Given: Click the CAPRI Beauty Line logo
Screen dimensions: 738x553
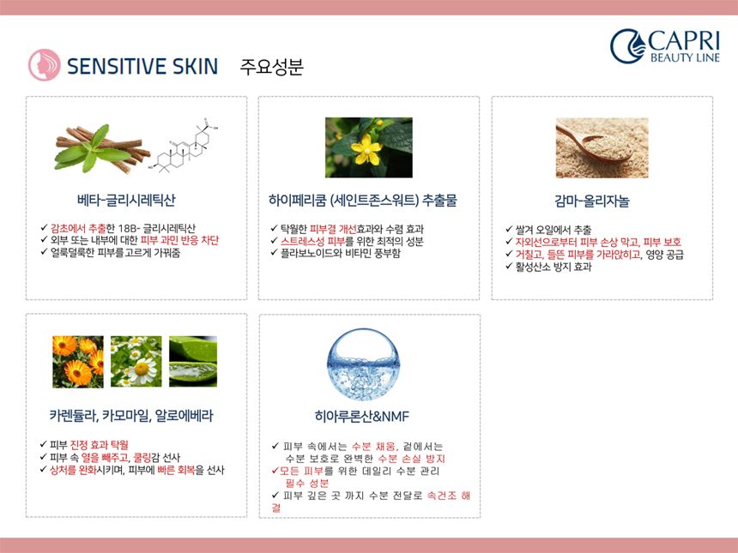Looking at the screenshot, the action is pos(665,46).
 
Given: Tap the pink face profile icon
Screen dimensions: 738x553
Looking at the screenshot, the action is pos(45,65).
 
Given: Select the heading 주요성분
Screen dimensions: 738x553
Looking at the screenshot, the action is pos(271,66).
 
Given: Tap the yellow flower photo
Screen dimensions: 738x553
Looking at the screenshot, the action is pos(369,147).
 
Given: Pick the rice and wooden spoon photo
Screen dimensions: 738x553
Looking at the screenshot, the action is pos(602,148).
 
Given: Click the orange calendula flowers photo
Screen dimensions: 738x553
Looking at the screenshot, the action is pos(78,362).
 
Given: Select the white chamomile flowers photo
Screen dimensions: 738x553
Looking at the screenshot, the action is pos(136,362).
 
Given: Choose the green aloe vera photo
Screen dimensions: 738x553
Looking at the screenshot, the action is pos(193,362).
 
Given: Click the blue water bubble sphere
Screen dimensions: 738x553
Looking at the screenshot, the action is pos(363,364).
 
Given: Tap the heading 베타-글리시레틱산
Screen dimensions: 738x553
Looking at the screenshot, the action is pos(126,201).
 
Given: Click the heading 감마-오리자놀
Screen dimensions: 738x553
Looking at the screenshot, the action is pos(591,201).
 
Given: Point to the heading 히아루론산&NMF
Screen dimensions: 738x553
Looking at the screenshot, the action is pos(362,416).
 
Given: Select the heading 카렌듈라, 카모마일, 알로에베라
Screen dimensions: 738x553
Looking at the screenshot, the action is pos(131,416).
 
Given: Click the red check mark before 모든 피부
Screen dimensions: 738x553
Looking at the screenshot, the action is pos(275,471).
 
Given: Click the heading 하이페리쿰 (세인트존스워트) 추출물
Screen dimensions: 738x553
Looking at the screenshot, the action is pos(363,201).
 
